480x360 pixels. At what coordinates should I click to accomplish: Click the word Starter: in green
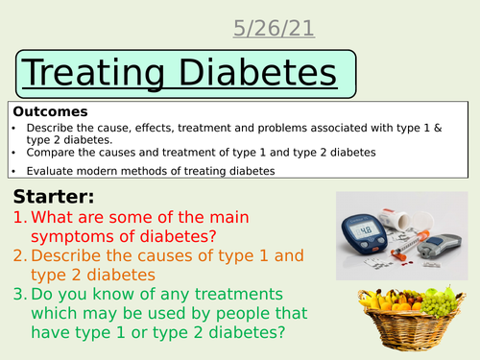click(x=52, y=197)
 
